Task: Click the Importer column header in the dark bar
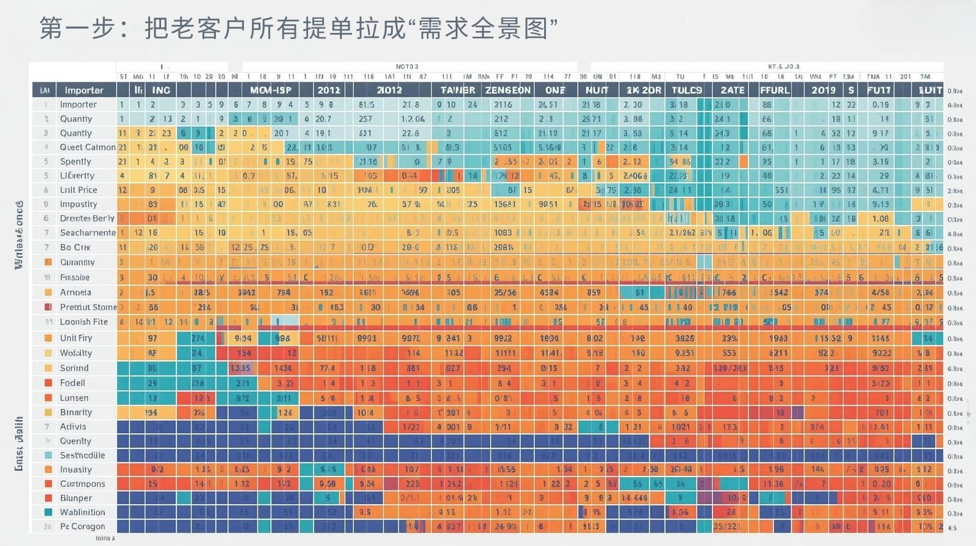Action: coord(84,90)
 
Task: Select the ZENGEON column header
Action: coord(508,90)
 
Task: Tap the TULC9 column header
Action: coord(687,90)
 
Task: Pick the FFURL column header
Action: coord(775,90)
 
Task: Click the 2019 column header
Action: coord(823,90)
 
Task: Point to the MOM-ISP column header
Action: coord(271,90)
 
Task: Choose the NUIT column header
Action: coord(597,90)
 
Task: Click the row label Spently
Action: coord(76,161)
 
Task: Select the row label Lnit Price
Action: coord(79,190)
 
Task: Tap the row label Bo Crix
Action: coord(75,247)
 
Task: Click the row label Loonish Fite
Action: coord(84,322)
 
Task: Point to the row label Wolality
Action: coord(76,353)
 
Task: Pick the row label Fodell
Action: coord(73,383)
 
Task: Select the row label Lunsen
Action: coord(74,398)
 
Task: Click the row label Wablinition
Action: coord(82,512)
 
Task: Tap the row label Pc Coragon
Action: coord(82,526)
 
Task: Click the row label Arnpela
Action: coord(76,292)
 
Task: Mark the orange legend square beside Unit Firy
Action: coord(48,338)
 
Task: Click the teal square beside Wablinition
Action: coord(48,512)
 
